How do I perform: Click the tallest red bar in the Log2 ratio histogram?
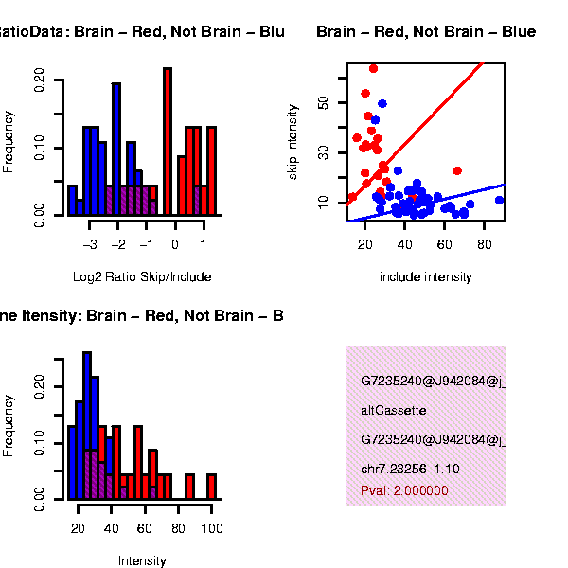click(x=168, y=142)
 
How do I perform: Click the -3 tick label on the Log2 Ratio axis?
click(x=91, y=243)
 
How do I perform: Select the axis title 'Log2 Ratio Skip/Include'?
click(x=142, y=277)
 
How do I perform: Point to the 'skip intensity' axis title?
click(x=293, y=143)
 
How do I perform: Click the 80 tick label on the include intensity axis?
click(x=485, y=243)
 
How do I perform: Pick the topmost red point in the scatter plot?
click(x=373, y=68)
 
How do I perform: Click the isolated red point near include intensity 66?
click(x=457, y=170)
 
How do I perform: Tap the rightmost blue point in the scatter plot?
click(x=499, y=200)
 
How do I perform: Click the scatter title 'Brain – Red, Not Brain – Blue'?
click(x=426, y=32)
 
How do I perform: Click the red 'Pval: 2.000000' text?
click(x=404, y=491)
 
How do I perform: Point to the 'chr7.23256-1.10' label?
click(x=410, y=469)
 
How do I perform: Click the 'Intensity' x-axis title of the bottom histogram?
click(x=142, y=561)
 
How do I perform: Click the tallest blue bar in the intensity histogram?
click(x=86, y=426)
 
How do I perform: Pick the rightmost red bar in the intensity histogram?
click(x=211, y=486)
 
